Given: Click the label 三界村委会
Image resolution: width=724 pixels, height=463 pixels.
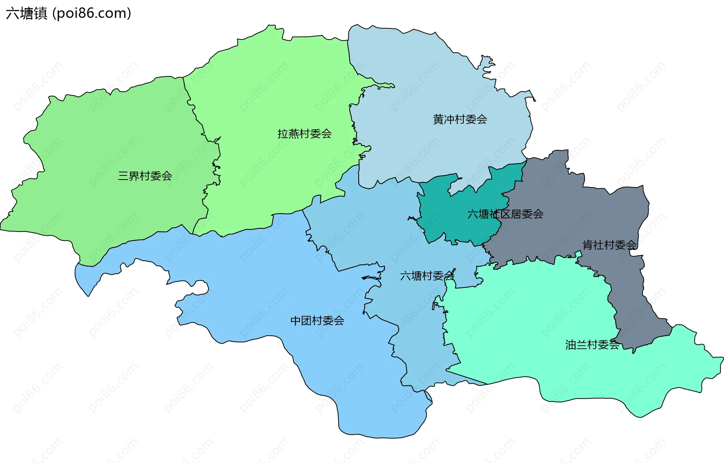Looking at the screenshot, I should point(145,176).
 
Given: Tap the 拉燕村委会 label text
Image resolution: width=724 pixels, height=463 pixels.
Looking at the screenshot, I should point(304,134).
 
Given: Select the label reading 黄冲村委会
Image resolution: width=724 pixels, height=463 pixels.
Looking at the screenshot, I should point(460,119).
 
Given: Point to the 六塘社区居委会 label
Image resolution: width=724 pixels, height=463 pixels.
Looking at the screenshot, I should point(505,214).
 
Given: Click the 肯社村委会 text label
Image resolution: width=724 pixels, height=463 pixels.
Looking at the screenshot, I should point(609,245).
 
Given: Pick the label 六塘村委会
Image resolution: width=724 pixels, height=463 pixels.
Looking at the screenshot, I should point(427,276).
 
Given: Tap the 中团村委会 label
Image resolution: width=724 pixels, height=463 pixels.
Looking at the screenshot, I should point(317,321).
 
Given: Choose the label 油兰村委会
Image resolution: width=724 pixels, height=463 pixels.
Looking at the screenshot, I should point(592,345).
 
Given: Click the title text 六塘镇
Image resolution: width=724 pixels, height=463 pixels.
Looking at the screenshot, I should point(26,14).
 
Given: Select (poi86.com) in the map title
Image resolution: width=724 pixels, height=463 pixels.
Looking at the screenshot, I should point(92,14).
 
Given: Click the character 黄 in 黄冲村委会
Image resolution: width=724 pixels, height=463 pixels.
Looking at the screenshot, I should point(438,119).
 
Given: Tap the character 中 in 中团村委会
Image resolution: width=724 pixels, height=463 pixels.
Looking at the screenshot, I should point(296,321).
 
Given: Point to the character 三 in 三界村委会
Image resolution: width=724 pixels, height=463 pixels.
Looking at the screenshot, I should point(123,176).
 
